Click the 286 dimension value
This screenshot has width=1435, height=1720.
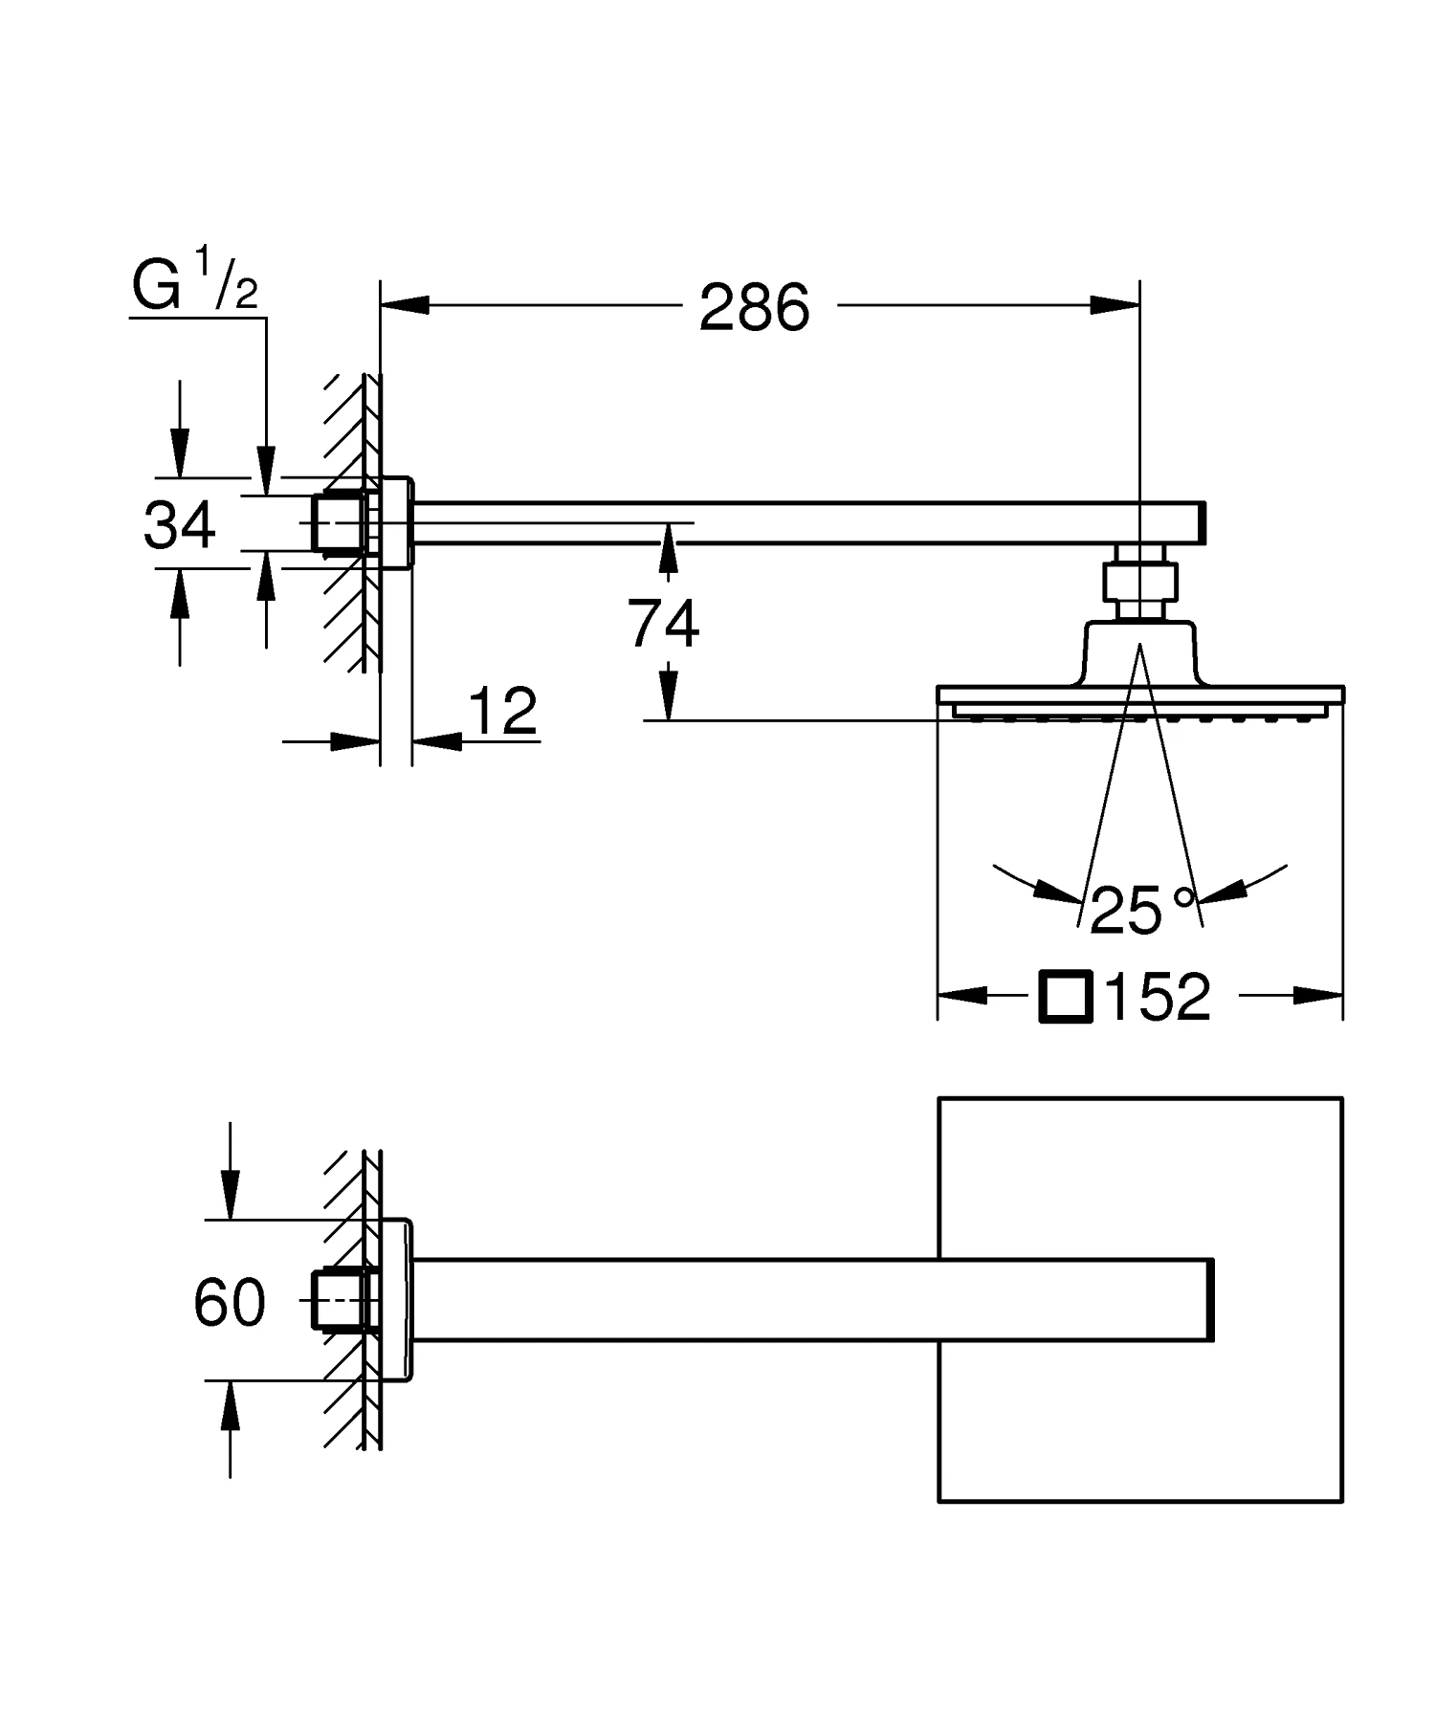pos(754,308)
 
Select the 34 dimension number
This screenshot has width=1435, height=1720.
pos(180,525)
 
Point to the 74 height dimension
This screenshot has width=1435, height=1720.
pos(663,624)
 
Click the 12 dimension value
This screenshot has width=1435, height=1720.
pos(503,712)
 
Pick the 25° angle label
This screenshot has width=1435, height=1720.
pos(1142,910)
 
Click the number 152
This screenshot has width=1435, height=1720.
pos(1158,997)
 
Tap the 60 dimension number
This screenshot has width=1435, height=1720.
pos(230,1302)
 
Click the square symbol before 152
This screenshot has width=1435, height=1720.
pos(1066,997)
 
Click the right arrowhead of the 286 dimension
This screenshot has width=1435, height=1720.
pos(1115,305)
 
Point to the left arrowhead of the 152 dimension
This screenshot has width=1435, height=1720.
pos(961,995)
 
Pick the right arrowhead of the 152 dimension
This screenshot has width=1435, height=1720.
pos(1318,995)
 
